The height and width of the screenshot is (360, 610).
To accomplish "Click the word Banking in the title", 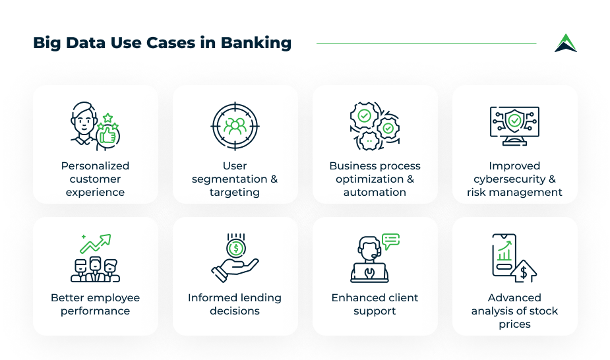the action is coord(256,43).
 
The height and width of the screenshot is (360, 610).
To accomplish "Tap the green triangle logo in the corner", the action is coord(566,43).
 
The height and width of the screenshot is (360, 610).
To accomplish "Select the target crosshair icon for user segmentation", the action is coord(235,127).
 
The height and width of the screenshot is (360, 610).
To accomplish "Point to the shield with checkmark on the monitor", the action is coord(514,121).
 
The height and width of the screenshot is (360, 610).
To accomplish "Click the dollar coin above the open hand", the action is coord(235,249).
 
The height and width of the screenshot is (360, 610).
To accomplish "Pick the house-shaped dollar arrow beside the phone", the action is coord(524,272).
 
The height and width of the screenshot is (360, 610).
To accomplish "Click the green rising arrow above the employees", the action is coord(96,243).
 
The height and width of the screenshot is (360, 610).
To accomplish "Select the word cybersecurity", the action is coord(510,179).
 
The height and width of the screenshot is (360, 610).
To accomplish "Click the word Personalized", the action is coord(96,166).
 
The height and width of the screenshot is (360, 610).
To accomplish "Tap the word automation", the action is coord(375,192).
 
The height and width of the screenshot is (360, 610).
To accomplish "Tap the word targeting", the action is coord(235,193).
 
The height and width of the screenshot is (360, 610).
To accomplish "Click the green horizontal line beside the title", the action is coord(427,43).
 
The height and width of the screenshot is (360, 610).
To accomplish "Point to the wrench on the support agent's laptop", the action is coord(369,272).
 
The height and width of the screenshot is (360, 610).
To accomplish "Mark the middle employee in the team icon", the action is coord(96,268).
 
